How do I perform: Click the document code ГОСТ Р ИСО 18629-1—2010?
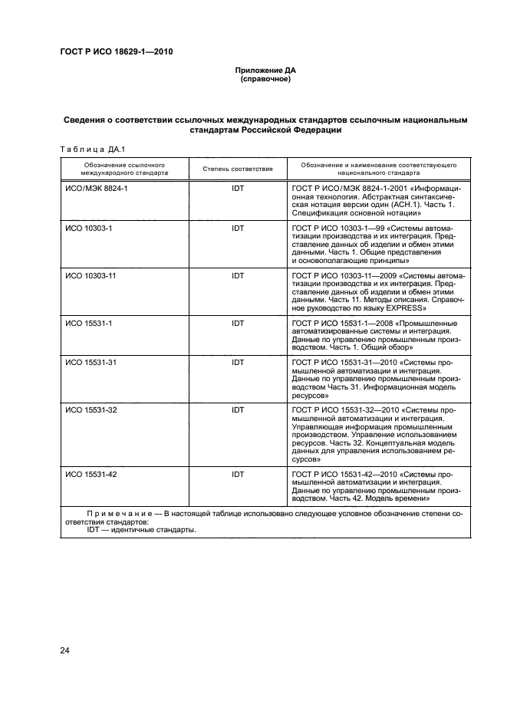pyautogui.click(x=117, y=52)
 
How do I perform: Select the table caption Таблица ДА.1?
pyautogui.click(x=86, y=148)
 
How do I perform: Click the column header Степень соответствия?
pyautogui.click(x=237, y=168)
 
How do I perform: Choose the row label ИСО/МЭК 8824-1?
pyautogui.click(x=96, y=188)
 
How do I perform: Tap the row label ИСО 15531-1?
pyautogui.click(x=89, y=324)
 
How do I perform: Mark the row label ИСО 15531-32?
pyautogui.click(x=91, y=410)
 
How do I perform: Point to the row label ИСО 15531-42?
pyautogui.click(x=91, y=475)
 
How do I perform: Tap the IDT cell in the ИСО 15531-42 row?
pyautogui.click(x=237, y=475)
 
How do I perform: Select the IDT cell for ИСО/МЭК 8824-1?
pyautogui.click(x=237, y=188)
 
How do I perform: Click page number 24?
pyautogui.click(x=65, y=651)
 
